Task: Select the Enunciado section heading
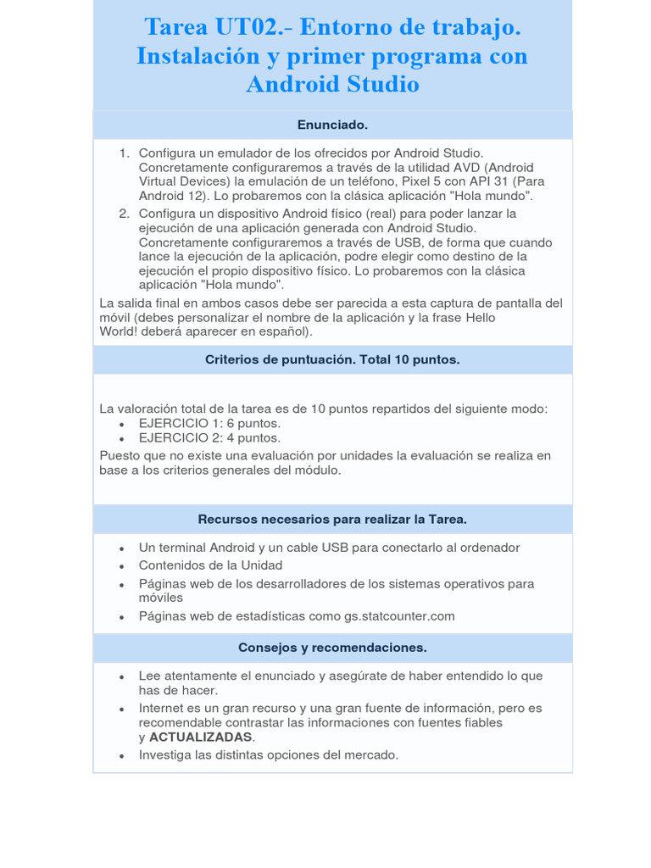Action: (332, 125)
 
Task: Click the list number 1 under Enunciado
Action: (124, 153)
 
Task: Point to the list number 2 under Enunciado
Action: (124, 214)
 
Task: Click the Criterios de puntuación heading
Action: (332, 359)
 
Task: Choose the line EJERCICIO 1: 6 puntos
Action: (209, 424)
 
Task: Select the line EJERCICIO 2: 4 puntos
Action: (209, 438)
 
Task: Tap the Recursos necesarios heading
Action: (332, 519)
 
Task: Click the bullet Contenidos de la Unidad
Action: (210, 565)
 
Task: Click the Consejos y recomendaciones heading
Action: (332, 648)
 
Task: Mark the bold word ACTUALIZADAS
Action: (201, 737)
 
